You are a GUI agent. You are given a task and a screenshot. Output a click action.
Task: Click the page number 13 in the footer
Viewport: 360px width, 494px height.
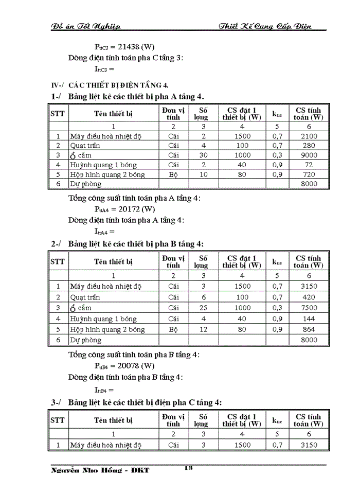[188, 468]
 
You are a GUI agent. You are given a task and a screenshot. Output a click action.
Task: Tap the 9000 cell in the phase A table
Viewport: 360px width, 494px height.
[309, 155]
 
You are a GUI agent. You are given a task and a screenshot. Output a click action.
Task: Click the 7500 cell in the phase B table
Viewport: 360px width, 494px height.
[309, 308]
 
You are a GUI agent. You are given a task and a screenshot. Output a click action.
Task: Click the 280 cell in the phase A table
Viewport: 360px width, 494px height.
[309, 146]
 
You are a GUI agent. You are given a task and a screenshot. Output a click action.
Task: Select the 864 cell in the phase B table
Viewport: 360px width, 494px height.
[309, 329]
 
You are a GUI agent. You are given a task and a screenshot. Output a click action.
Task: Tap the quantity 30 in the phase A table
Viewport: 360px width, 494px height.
[204, 155]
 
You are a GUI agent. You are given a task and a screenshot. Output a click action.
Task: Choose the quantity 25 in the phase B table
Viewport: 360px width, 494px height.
[204, 308]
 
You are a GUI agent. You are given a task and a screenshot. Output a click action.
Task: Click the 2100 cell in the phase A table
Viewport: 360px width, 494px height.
[309, 136]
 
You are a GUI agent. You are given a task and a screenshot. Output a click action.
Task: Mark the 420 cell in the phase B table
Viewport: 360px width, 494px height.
[309, 297]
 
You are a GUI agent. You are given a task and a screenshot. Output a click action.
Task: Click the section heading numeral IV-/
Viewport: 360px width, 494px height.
[58, 84]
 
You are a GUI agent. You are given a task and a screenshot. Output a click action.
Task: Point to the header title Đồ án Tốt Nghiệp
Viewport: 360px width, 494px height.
[86, 26]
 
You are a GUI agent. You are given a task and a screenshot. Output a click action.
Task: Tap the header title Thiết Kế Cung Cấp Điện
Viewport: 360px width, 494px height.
[265, 26]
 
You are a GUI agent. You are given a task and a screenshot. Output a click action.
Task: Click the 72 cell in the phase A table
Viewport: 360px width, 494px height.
[309, 165]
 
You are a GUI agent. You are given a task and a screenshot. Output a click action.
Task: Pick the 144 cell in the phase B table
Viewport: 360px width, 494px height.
[309, 319]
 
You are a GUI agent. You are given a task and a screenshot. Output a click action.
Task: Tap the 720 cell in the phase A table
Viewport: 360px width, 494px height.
[309, 174]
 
